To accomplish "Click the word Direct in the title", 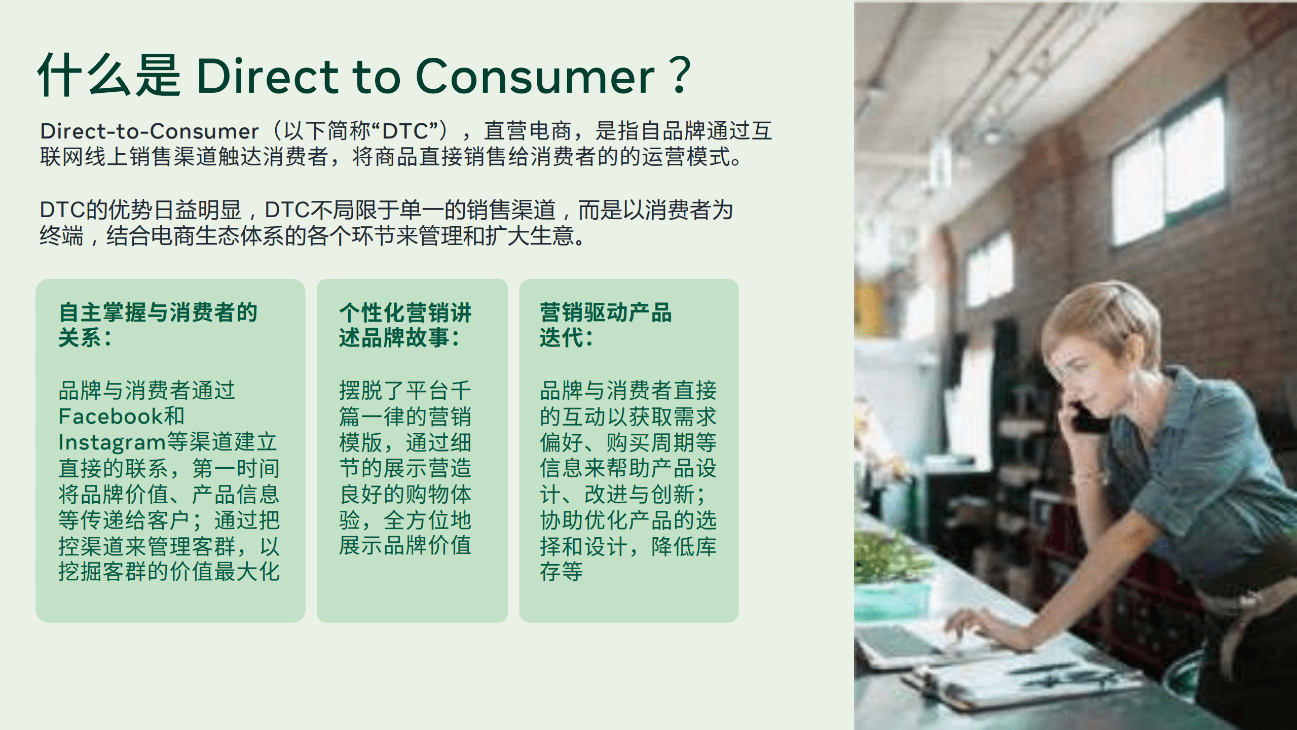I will [x=267, y=77].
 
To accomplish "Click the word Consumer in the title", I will [x=535, y=77].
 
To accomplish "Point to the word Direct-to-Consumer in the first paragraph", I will [x=149, y=131].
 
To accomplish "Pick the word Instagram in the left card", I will [x=112, y=442].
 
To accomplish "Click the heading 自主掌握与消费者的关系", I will [x=158, y=325].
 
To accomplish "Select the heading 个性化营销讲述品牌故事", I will [x=405, y=325].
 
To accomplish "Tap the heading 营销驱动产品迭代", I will [x=605, y=325].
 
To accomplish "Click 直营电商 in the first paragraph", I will [x=527, y=131].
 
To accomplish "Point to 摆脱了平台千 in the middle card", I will [x=405, y=391].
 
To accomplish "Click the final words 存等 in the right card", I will [x=561, y=572].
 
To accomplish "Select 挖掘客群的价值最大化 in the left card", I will [x=169, y=572].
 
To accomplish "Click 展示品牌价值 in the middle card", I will [x=405, y=546].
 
